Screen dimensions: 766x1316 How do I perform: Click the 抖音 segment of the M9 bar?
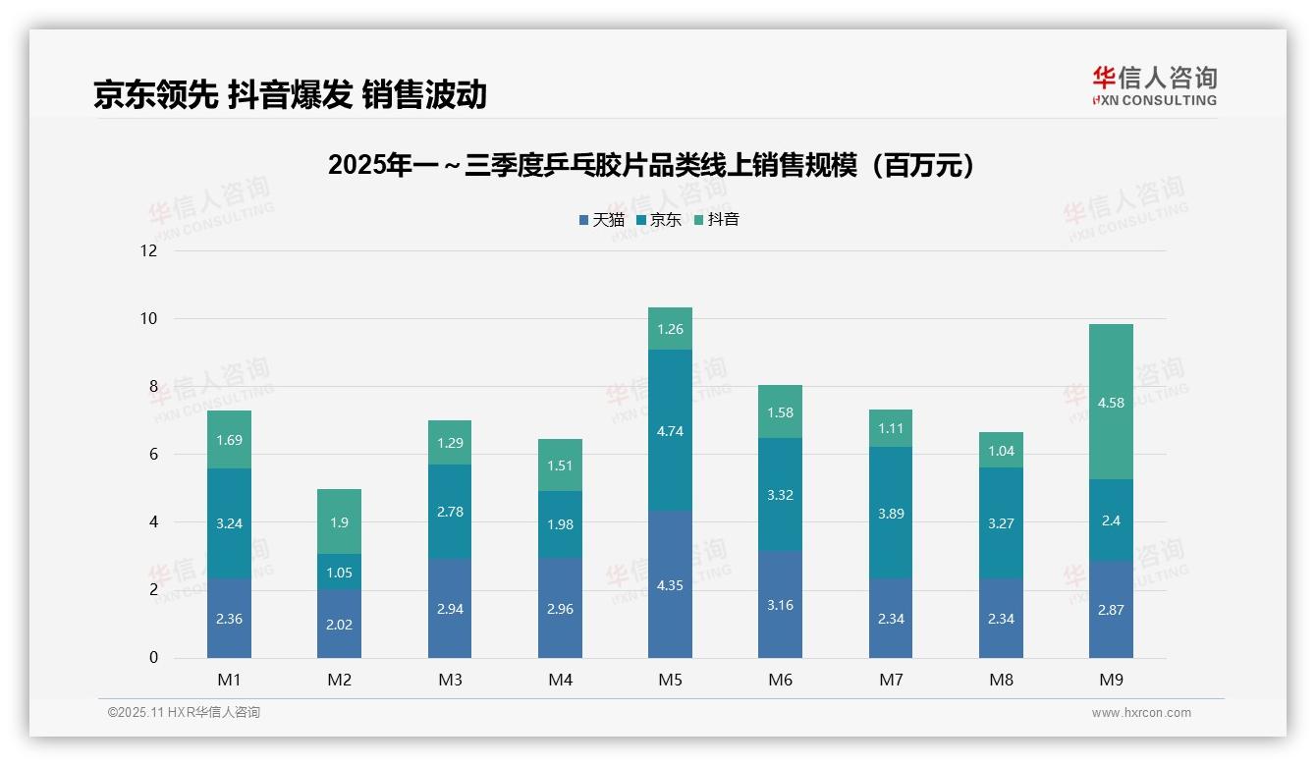tap(1111, 402)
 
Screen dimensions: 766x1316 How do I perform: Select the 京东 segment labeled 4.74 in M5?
tap(670, 430)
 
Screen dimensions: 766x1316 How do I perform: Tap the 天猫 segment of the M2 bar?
tap(339, 624)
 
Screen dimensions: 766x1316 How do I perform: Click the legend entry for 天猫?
tap(601, 220)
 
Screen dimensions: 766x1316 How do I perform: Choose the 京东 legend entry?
tap(659, 220)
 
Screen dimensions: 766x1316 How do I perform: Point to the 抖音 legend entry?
tap(717, 220)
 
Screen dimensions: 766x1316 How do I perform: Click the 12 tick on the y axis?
tap(148, 250)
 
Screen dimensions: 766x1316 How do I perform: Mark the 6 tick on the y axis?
tap(153, 454)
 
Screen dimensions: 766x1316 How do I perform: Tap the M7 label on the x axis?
tap(891, 680)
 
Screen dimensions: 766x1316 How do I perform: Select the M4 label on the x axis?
tap(560, 680)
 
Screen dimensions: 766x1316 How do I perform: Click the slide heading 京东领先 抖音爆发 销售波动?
tap(291, 94)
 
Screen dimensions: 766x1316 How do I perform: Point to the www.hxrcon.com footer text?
tap(1141, 713)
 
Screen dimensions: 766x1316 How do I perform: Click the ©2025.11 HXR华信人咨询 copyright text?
tap(184, 713)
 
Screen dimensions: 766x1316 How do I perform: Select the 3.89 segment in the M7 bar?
tap(891, 513)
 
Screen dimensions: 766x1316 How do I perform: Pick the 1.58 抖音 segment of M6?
tap(780, 412)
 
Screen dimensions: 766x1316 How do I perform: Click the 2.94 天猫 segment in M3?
tap(450, 609)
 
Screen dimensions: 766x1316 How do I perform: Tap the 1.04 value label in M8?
tap(1001, 452)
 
